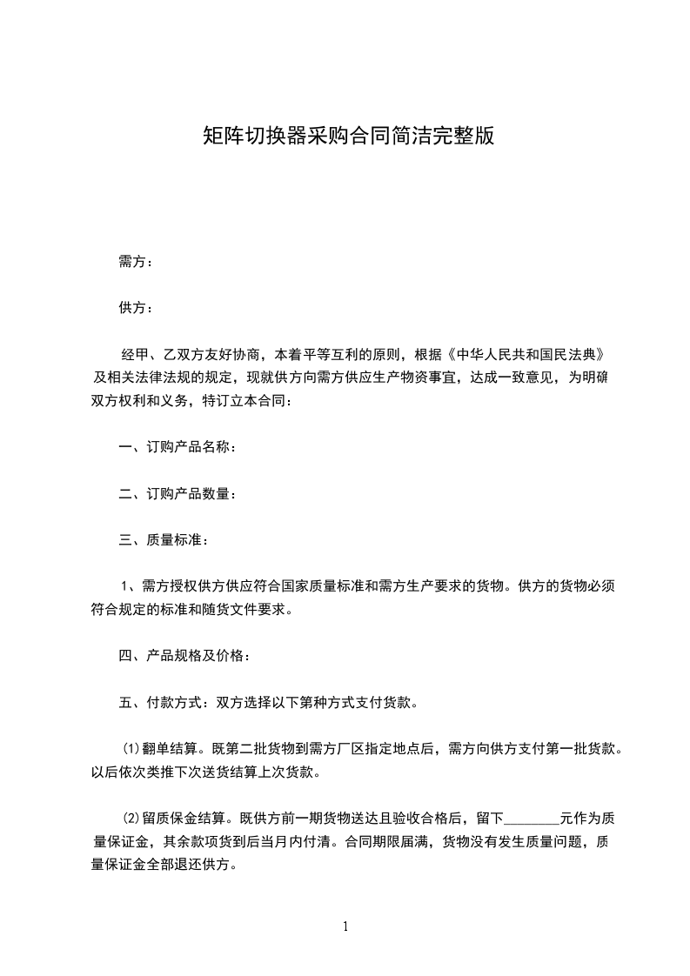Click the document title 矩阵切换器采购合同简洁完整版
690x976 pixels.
[348, 136]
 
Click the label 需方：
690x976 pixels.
[136, 262]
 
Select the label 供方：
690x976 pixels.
[136, 308]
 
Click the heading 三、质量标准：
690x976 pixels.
[163, 540]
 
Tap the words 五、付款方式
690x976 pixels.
[155, 701]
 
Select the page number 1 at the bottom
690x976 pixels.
[345, 926]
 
